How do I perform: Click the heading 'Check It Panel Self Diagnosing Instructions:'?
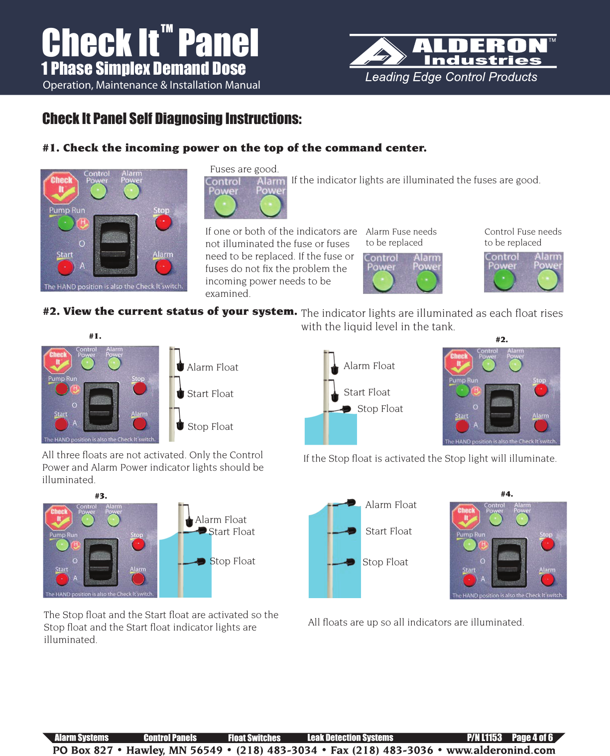click(x=172, y=119)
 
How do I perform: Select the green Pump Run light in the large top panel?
click(x=65, y=223)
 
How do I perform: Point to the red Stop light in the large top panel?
click(x=163, y=223)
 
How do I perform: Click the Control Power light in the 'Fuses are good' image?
click(x=225, y=205)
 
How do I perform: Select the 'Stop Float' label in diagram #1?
click(x=210, y=427)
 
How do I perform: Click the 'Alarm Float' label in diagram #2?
click(x=369, y=366)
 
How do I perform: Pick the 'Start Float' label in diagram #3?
click(x=232, y=532)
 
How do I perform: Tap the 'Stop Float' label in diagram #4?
click(x=385, y=562)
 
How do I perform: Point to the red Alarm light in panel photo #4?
click(x=547, y=580)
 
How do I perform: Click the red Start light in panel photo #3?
click(x=62, y=579)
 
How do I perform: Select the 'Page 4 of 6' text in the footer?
click(x=532, y=738)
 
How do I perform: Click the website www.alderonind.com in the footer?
click(x=500, y=750)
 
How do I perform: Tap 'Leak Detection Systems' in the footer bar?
click(x=350, y=738)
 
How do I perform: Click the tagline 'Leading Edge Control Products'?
click(x=451, y=77)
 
